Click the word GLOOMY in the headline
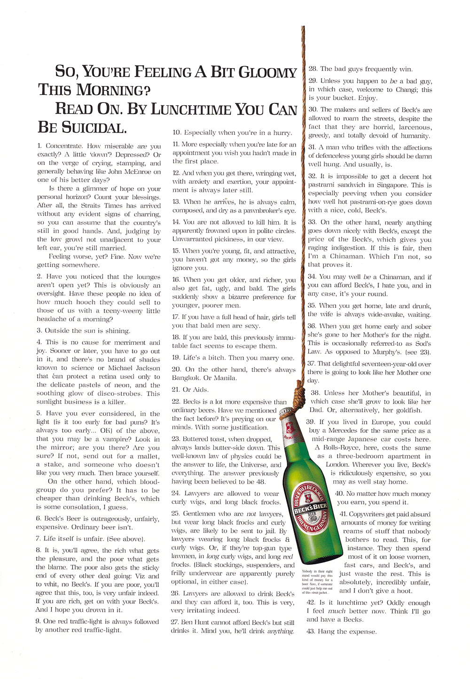point(267,72)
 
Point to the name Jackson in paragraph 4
point(141,368)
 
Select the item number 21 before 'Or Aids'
point(176,390)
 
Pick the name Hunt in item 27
point(203,623)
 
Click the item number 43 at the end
point(311,631)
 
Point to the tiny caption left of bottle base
point(317,582)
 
